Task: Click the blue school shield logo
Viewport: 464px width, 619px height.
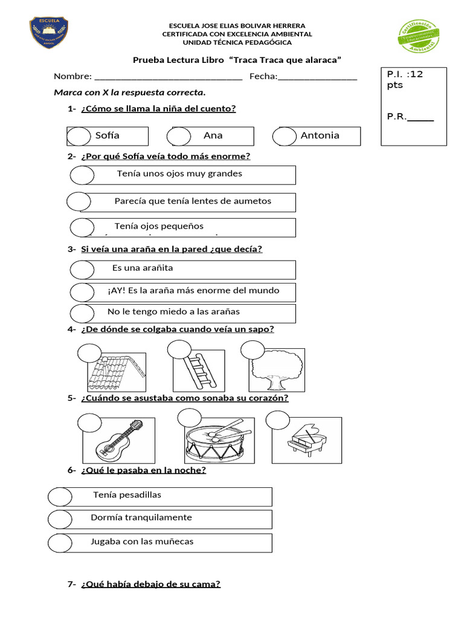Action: tap(49, 33)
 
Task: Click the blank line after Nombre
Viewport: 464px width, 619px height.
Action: tap(169, 77)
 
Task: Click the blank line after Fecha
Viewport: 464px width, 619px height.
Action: tap(317, 77)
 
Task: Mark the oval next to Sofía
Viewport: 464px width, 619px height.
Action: tap(79, 137)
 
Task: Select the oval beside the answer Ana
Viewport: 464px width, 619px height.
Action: tap(179, 137)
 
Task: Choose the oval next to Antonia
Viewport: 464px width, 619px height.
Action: tap(284, 137)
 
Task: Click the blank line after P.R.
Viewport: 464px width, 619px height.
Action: tap(420, 117)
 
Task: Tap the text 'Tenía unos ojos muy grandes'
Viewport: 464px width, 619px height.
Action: tap(179, 173)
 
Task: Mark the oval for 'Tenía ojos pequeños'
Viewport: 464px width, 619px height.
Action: tap(82, 227)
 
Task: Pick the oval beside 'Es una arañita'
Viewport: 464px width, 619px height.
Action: tap(82, 269)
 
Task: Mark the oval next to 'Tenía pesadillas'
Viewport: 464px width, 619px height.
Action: tap(60, 497)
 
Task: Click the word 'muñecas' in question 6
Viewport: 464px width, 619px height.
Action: tap(173, 542)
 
